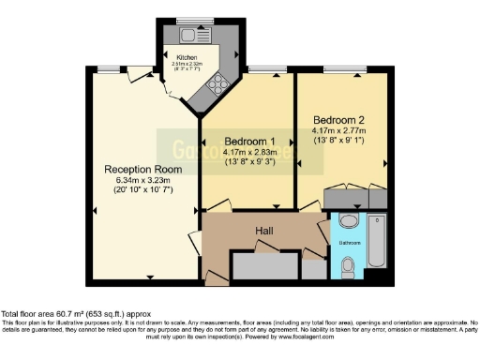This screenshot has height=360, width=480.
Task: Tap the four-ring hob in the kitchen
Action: [218, 83]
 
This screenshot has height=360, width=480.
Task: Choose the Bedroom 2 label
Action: [339, 120]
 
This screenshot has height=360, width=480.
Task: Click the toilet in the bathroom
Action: [349, 268]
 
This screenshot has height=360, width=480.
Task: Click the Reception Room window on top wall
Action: [112, 68]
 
